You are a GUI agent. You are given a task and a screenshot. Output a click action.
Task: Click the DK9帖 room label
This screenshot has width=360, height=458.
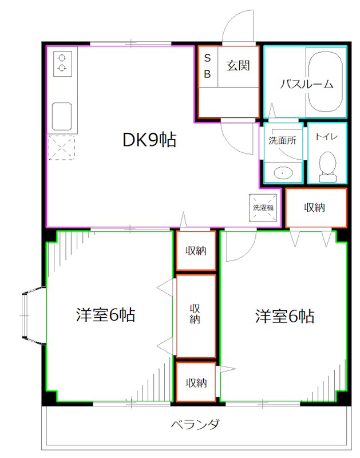pyautogui.click(x=149, y=140)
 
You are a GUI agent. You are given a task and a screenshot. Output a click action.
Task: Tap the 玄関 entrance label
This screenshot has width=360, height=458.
pyautogui.click(x=238, y=65)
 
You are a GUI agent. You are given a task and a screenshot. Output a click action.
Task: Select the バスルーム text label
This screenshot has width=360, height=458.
pyautogui.click(x=306, y=84)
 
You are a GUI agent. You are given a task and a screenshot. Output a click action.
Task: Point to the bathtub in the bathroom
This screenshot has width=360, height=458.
pyautogui.click(x=326, y=81)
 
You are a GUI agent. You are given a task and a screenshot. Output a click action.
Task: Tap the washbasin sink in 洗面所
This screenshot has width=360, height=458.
pyautogui.click(x=282, y=171)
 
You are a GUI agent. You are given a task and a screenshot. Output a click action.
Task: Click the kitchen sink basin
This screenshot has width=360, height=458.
pyautogui.click(x=61, y=117)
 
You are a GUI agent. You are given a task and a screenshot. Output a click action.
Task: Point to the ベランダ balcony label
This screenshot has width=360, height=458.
pyautogui.click(x=195, y=425)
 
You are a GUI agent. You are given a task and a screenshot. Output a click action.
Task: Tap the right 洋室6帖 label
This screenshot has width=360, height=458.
pyautogui.click(x=284, y=316)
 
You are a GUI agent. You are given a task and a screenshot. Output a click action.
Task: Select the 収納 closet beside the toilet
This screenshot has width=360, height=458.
pyautogui.click(x=315, y=207)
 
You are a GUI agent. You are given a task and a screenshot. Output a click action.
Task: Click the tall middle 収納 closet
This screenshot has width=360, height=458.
pyautogui.click(x=195, y=315)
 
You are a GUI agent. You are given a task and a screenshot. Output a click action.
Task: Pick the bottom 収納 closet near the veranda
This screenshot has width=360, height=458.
pyautogui.click(x=195, y=382)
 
